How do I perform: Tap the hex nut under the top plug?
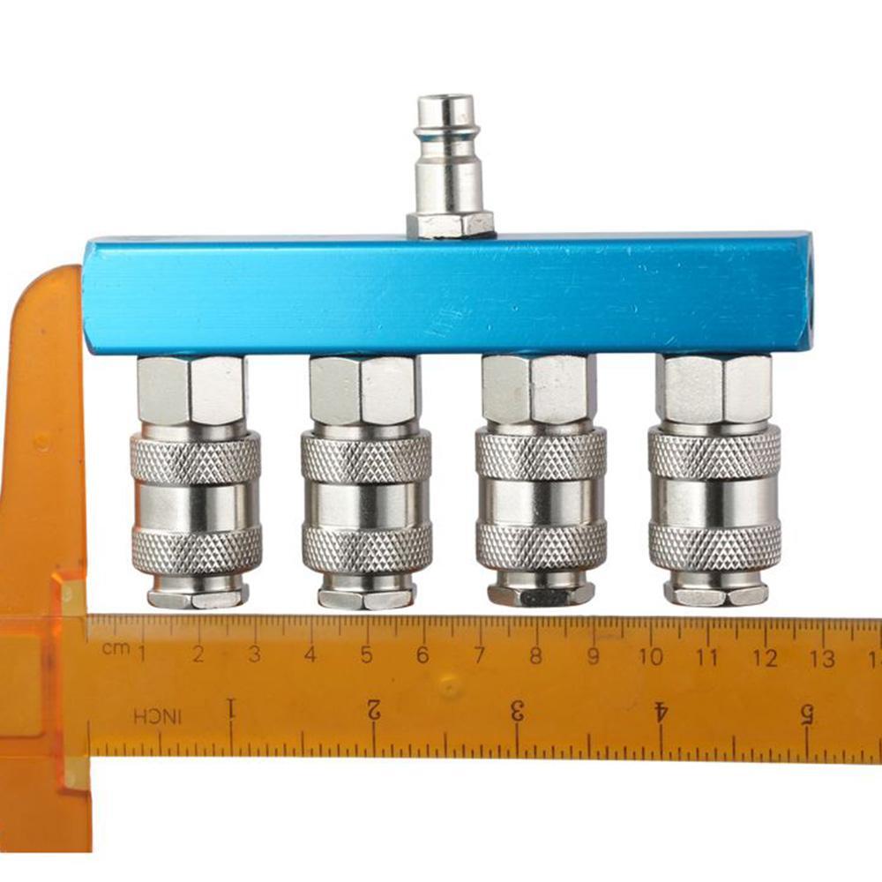tap(451, 225)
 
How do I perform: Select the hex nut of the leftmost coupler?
tap(191, 389)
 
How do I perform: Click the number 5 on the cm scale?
tap(366, 655)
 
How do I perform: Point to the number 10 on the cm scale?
tap(651, 657)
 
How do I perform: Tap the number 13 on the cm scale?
tap(822, 658)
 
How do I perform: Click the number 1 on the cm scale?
tap(141, 654)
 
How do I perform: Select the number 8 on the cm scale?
tap(535, 656)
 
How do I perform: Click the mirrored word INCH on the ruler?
tap(158, 716)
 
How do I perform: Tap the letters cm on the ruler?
tap(114, 649)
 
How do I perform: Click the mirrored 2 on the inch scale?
tap(374, 707)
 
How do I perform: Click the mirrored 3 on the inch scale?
tap(517, 708)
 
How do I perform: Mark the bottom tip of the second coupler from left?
tap(366, 599)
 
